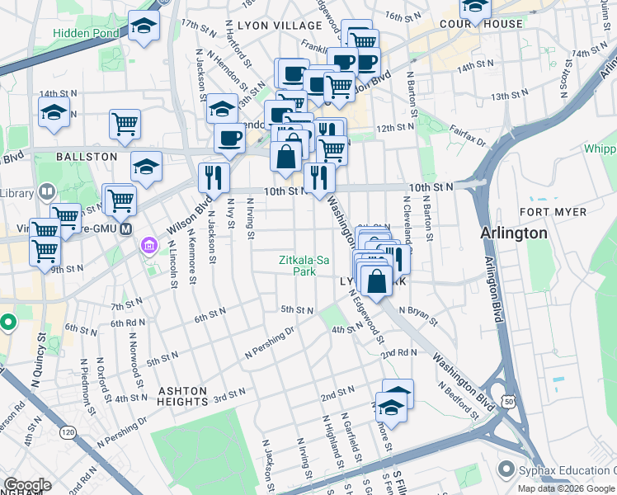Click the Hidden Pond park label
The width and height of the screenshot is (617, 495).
pos(87,34)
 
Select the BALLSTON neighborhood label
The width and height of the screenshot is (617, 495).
pos(87,156)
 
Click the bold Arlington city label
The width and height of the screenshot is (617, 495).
pos(514,233)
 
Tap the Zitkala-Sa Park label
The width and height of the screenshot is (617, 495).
pos(304,265)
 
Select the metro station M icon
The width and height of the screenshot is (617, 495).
pos(126,229)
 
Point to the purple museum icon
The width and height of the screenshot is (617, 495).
pos(149,244)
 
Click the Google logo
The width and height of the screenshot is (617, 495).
pos(28,485)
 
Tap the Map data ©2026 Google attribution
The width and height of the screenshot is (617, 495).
pos(566,488)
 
